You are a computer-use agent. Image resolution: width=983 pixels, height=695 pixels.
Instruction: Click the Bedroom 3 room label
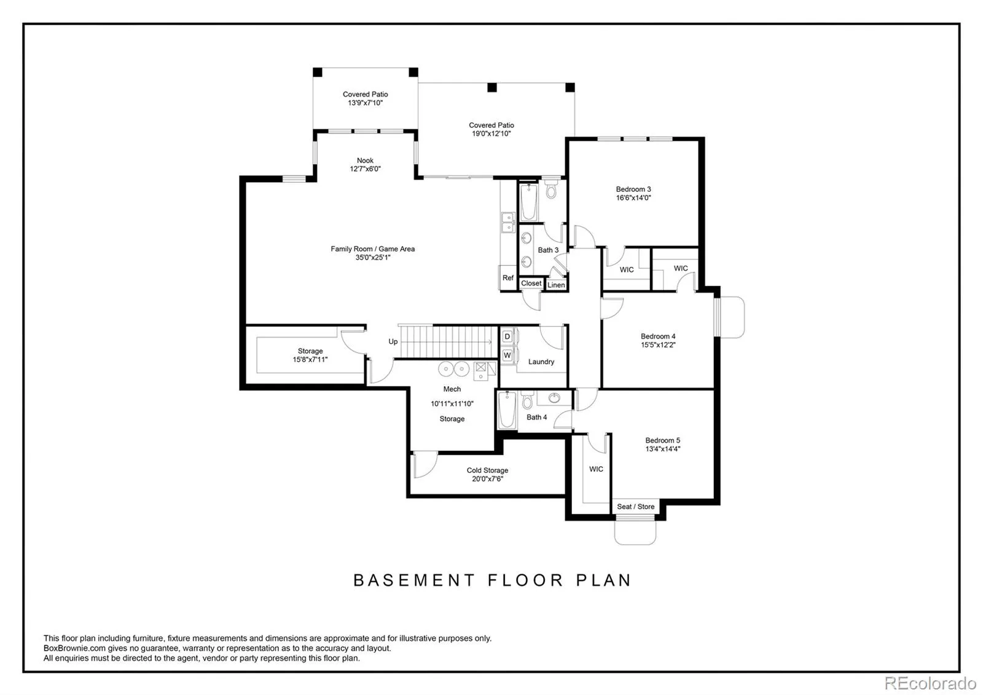633,189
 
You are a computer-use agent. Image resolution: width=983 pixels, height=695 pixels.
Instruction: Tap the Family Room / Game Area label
372,249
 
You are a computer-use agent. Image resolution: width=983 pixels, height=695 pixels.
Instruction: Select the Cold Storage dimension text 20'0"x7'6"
487,479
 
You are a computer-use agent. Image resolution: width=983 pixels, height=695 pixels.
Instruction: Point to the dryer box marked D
507,337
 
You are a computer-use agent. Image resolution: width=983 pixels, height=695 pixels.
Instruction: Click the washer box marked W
507,355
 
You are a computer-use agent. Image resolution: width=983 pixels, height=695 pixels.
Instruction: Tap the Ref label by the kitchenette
507,277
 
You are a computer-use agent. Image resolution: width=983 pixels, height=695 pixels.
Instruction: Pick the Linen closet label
556,285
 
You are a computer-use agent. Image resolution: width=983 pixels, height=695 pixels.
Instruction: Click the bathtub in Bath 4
507,410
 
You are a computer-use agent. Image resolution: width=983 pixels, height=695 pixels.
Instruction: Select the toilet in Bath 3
550,188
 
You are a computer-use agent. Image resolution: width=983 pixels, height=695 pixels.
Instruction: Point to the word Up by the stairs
393,342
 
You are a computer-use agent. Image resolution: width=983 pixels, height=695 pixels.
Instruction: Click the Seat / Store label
635,507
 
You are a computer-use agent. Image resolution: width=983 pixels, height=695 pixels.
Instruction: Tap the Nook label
365,161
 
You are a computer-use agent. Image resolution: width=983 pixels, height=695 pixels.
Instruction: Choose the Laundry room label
541,362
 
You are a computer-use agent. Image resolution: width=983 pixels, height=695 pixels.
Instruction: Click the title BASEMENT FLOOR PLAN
492,581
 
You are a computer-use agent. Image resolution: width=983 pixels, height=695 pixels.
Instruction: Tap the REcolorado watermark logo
930,683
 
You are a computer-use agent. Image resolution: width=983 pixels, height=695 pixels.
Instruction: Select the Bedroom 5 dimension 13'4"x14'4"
663,449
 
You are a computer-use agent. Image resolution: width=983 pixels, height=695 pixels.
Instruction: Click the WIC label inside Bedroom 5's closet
596,469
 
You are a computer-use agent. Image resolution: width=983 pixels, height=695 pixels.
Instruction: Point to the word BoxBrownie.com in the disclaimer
74,648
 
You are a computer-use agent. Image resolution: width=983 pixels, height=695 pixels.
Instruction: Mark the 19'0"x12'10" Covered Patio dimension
491,133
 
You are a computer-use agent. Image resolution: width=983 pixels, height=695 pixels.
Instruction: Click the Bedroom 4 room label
658,336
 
